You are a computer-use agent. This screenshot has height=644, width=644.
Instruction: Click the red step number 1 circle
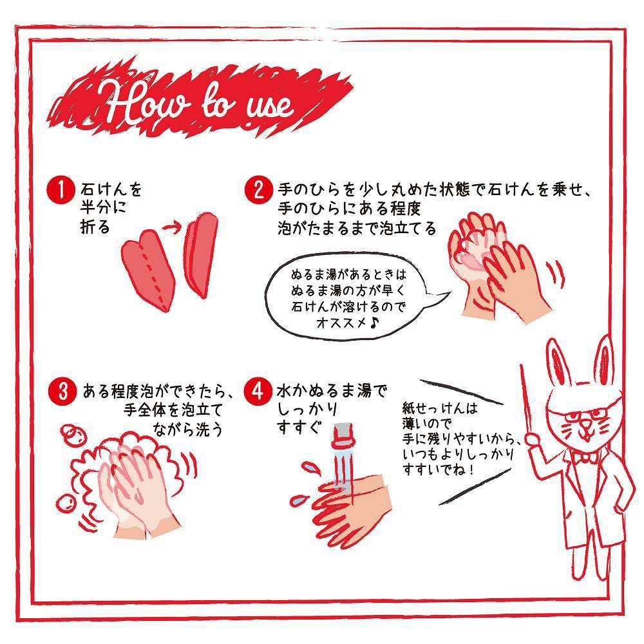[61, 190]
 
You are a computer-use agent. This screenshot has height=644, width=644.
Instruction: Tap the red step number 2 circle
[258, 190]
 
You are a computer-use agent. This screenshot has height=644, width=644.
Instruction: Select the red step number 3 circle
[62, 391]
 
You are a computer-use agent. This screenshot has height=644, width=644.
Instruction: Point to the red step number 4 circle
[258, 391]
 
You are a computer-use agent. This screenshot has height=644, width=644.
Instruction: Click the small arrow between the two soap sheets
[173, 227]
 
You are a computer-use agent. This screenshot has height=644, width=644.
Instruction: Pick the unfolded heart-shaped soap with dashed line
[149, 269]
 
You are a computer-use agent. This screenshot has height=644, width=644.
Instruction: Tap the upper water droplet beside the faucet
[310, 466]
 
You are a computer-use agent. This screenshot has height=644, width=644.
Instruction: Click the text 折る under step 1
[95, 226]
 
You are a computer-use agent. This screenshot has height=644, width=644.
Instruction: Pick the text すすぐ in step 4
[298, 427]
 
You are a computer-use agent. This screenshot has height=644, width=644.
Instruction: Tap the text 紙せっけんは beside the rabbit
[440, 408]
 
